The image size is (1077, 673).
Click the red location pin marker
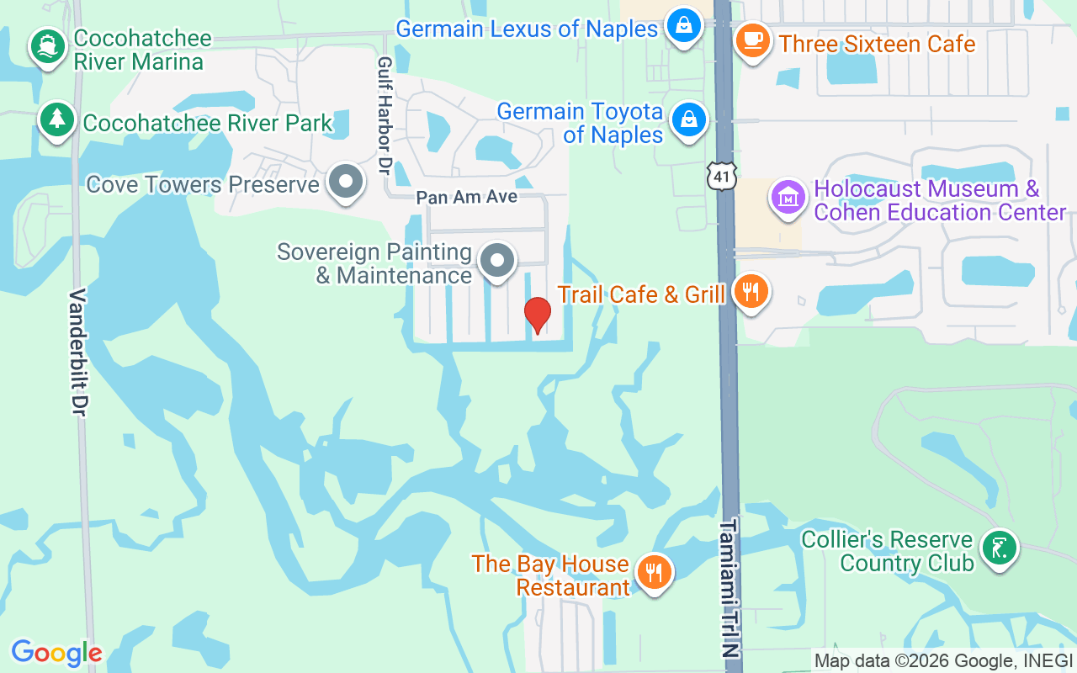point(538,315)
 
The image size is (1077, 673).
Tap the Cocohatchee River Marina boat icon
point(48,46)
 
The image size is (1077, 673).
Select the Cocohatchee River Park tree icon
point(56,119)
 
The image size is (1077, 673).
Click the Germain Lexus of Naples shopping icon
point(685,25)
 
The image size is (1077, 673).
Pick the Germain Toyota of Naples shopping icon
point(689,119)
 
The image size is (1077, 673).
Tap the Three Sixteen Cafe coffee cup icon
point(752,40)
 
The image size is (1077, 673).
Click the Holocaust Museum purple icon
point(788,198)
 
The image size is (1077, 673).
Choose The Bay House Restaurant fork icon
point(652,573)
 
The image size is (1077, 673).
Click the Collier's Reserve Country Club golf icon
point(999,548)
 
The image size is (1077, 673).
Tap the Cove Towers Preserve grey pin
point(345,182)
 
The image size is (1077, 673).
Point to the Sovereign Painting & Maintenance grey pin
point(497,260)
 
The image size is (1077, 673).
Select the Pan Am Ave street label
point(467,198)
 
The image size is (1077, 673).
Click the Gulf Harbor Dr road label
point(385,115)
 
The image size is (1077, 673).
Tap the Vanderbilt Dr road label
point(79,352)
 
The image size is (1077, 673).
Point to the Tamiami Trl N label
point(729,588)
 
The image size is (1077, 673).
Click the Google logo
point(56,653)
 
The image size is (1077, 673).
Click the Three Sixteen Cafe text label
point(877,44)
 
